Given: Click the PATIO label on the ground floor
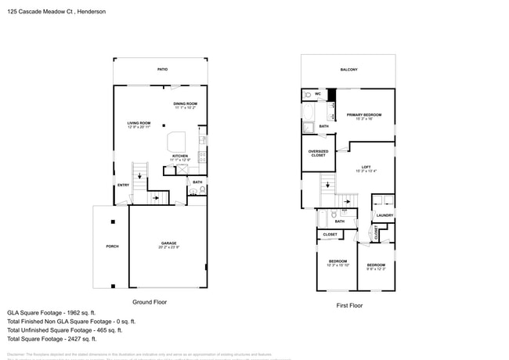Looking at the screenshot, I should click(162, 70).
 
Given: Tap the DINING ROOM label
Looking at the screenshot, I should click(186, 103).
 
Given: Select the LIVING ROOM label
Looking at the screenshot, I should click(139, 123).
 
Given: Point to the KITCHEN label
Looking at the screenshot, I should click(180, 156).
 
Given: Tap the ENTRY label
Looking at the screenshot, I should click(123, 185).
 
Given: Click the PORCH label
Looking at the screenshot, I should click(112, 247).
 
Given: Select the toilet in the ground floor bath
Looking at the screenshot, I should click(202, 189).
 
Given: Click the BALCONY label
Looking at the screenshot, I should click(348, 70).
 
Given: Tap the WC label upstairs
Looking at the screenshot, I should click(318, 94).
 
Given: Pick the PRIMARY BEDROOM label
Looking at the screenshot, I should click(364, 115).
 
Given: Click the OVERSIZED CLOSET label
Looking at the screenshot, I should click(318, 153).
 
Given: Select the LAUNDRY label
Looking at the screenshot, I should click(384, 215).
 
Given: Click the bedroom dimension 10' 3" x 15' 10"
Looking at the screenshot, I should click(338, 265).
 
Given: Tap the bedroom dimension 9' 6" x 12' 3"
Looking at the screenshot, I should click(376, 268).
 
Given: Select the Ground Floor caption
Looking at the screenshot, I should click(150, 301).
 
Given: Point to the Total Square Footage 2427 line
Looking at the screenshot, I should click(52, 339).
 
